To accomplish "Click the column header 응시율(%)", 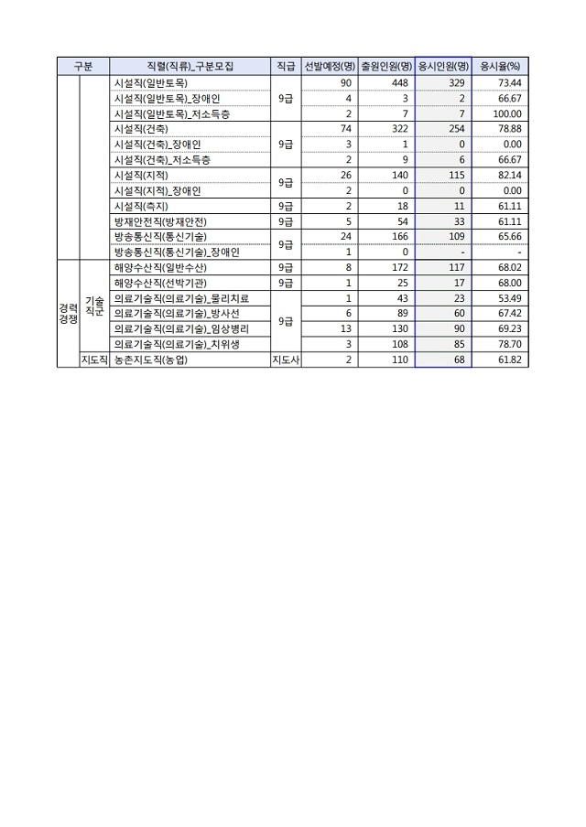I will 500,66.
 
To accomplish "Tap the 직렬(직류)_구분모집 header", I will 190,66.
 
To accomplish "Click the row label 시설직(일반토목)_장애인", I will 165,98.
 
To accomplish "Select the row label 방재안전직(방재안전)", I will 159,221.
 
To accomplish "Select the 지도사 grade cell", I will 285,360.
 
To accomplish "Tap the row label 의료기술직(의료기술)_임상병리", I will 179,329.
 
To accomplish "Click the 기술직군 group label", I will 94,306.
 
